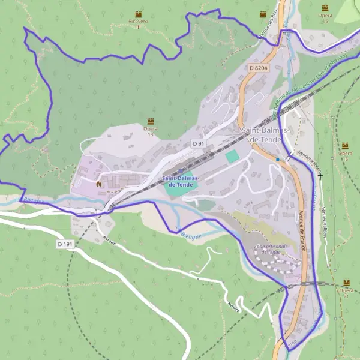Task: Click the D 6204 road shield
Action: pos(258,68)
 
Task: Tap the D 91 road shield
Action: pos(199,143)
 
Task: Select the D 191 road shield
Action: pos(65,244)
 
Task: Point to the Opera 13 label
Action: pos(150,131)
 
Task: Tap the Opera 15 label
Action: pos(325,17)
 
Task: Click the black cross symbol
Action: pos(320,176)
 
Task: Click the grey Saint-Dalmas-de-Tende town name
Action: pos(266,134)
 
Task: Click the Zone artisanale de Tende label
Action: pos(271,249)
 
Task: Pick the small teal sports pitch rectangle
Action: pos(232,156)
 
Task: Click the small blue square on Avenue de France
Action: pos(278,159)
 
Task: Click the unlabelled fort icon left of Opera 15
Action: pos(262,14)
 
